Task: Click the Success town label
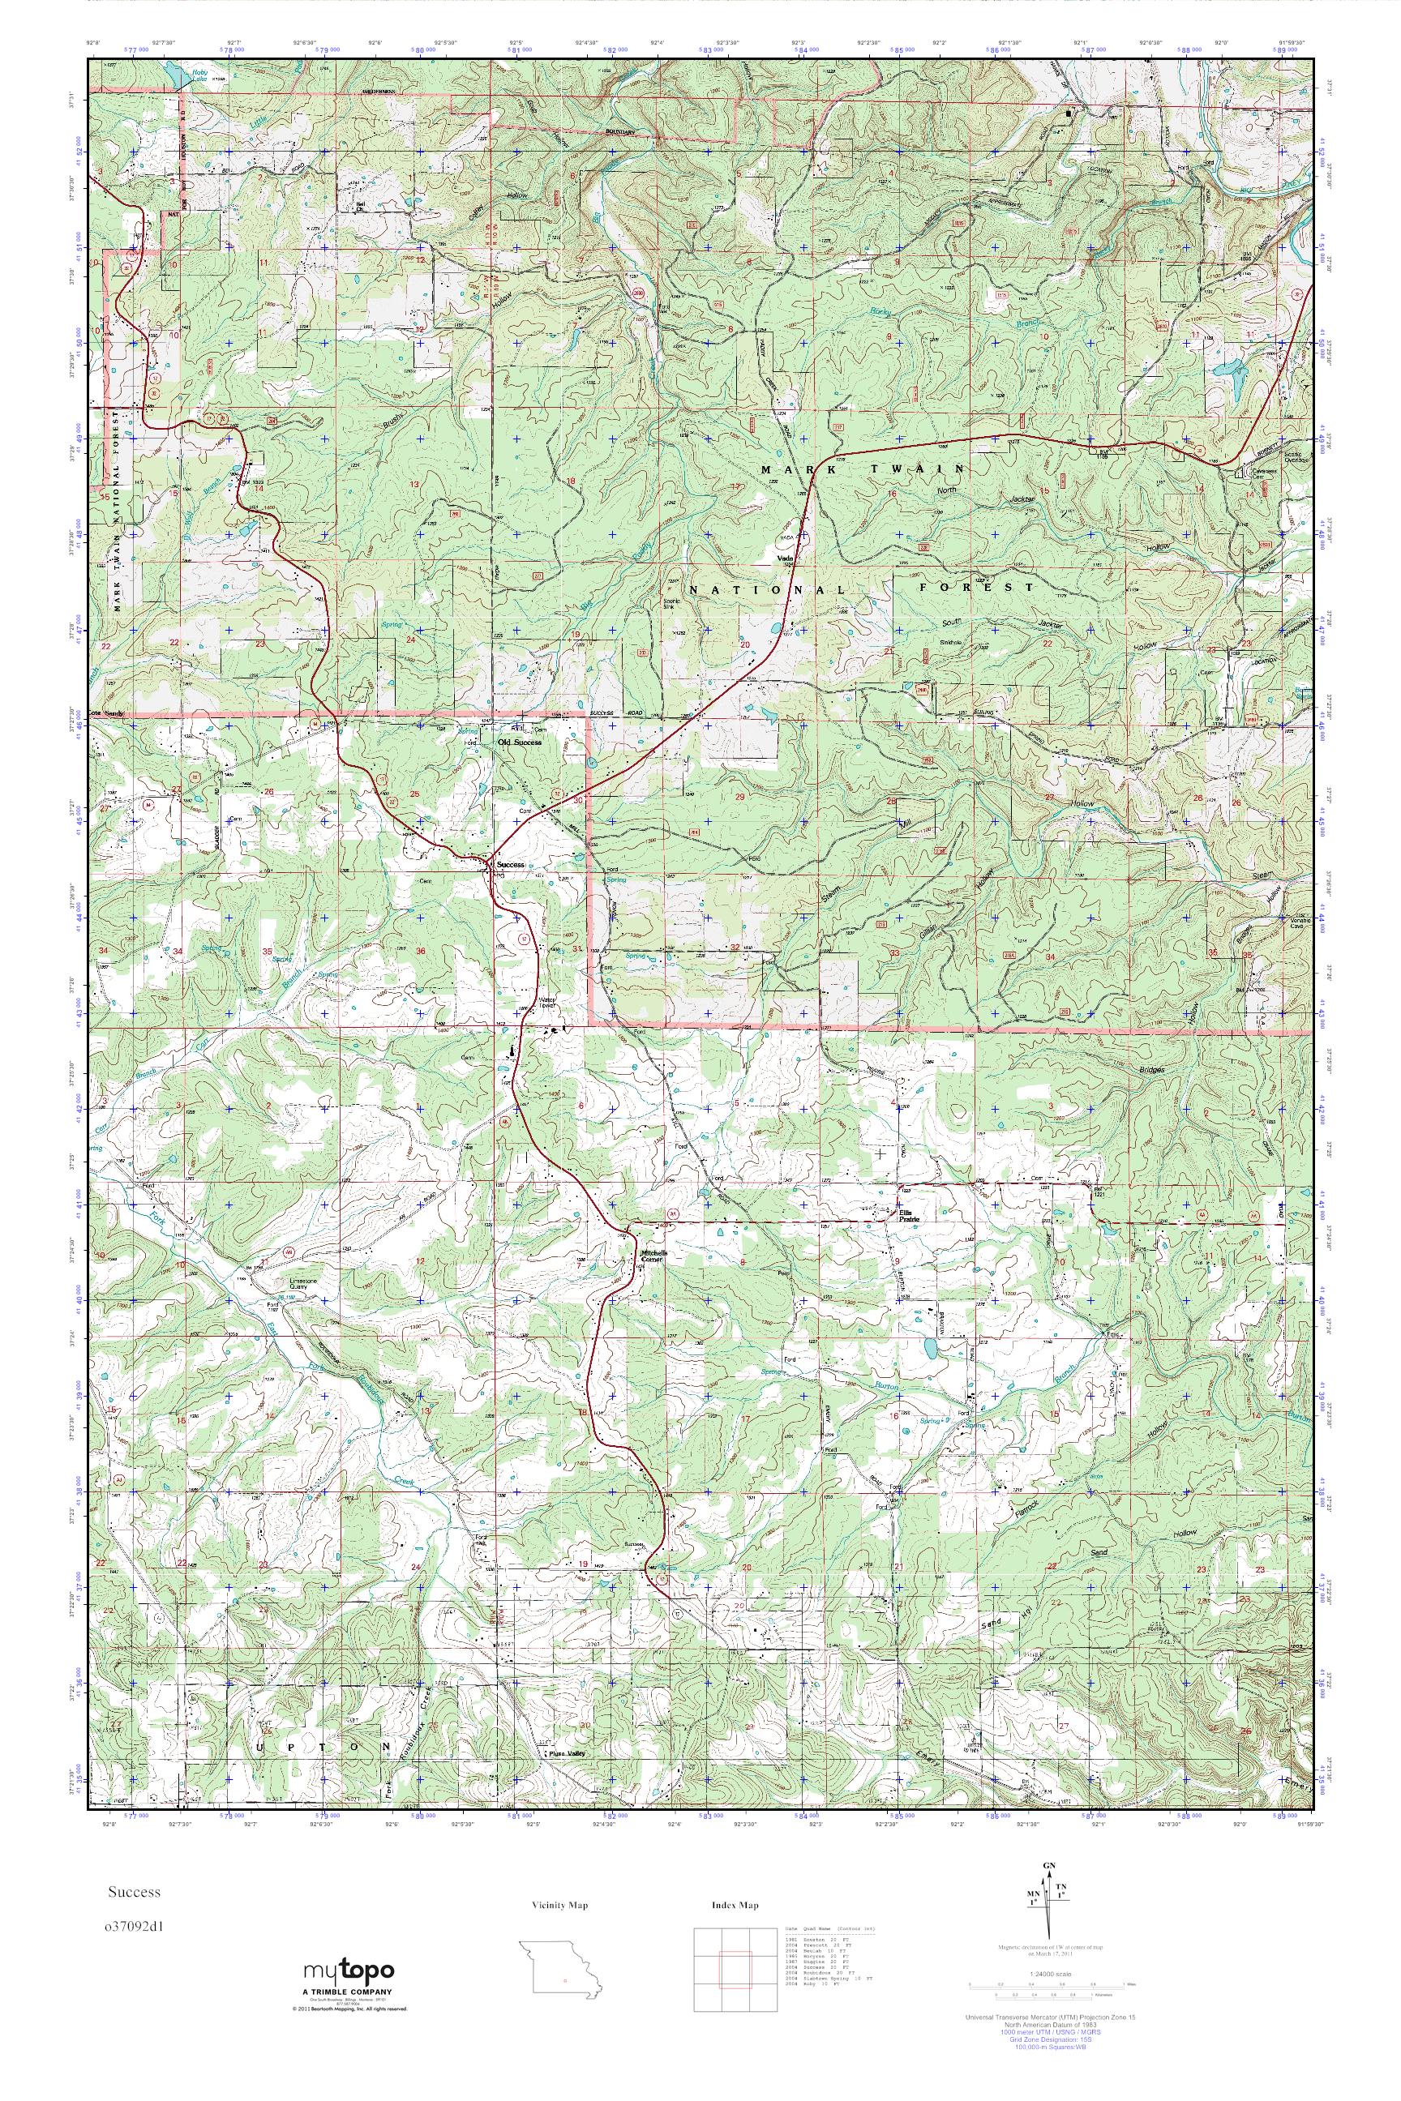[511, 865]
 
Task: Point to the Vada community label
[786, 560]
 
